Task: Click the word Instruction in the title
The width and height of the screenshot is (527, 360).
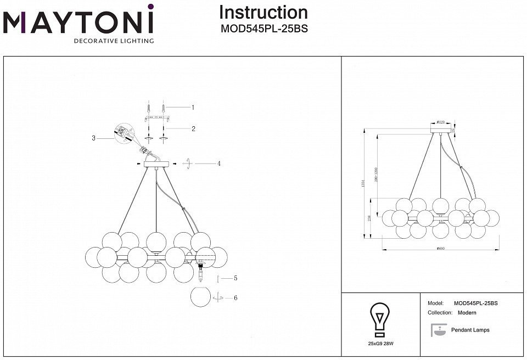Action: (263, 12)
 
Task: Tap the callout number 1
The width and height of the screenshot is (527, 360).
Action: (193, 108)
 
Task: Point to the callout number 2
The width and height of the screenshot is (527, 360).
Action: (193, 129)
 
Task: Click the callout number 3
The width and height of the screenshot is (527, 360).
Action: (94, 139)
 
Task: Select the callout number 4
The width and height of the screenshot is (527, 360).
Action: (218, 164)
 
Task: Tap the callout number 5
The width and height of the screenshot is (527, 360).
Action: (235, 278)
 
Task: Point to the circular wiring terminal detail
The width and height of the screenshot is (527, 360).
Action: (124, 132)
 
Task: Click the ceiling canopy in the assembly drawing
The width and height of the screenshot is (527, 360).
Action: (156, 164)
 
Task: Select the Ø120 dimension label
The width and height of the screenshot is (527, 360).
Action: (440, 122)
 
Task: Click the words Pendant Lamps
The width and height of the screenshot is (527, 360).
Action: (470, 330)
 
